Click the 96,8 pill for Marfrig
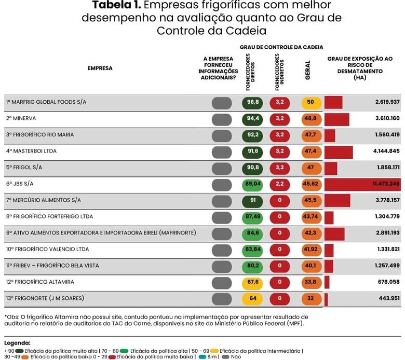pyautogui.click(x=253, y=102)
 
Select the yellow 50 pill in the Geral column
pyautogui.click(x=310, y=102)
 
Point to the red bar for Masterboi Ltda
pyautogui.click(x=339, y=151)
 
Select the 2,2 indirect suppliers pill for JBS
pyautogui.click(x=280, y=184)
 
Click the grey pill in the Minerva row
pyautogui.click(x=222, y=119)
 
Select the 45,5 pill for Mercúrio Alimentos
pyautogui.click(x=311, y=200)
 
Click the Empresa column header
pyautogui.click(x=100, y=68)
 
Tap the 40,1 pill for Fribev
pyautogui.click(x=311, y=266)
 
